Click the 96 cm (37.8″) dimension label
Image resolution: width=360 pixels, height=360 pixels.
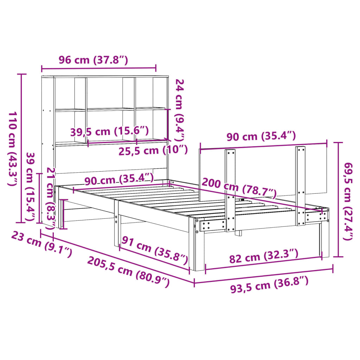tap(93, 60)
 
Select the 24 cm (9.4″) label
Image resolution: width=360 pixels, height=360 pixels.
tap(180, 109)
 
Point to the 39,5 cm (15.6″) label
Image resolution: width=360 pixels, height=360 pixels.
tap(109, 131)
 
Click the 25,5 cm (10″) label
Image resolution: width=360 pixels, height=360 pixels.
tap(152, 150)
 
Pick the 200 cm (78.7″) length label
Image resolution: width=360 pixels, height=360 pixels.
tap(239, 188)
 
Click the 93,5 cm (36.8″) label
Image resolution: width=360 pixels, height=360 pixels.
tap(269, 285)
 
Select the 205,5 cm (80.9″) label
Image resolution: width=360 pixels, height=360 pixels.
tap(128, 271)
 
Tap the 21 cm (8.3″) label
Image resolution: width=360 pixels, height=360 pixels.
tap(51, 197)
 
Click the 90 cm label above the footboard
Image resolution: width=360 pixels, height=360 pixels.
tap(261, 136)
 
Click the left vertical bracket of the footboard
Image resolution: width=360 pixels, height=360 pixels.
tap(230, 190)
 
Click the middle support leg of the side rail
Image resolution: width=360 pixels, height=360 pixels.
tap(116, 225)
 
